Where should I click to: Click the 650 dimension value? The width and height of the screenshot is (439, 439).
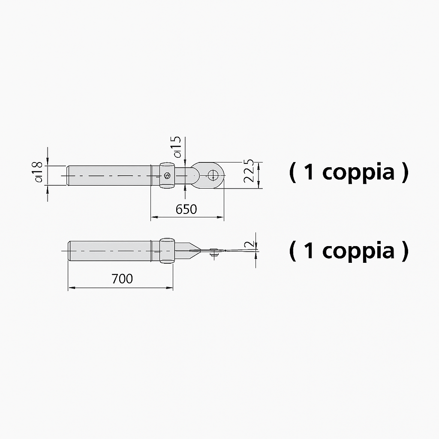pos(186,209)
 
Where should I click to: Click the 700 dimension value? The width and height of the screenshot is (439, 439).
pos(122,279)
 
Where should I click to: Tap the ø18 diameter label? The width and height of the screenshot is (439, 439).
pos(38,171)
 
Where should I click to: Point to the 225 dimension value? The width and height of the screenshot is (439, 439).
pos(249,171)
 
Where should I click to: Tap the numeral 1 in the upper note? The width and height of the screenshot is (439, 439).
pos(309,171)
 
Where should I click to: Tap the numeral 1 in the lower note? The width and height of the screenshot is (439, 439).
pos(309,250)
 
